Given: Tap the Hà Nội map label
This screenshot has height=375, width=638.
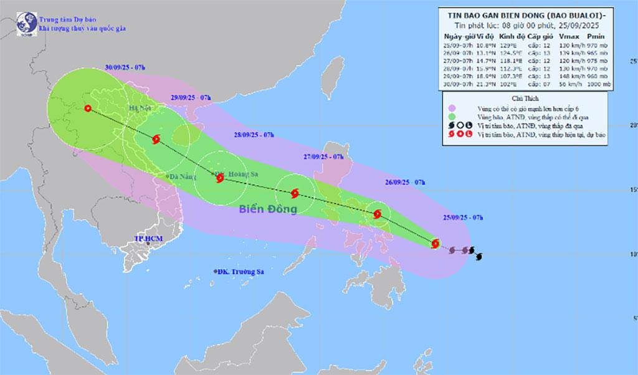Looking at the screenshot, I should point(138,109).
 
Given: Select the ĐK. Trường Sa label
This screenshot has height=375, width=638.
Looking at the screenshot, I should point(237,271).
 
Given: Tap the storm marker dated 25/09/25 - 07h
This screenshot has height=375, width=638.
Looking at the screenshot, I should point(436,243).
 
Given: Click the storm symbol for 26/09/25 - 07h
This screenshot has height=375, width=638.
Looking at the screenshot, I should point(378,215).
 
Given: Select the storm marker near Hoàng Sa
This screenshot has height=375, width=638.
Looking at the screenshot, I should point(219,177).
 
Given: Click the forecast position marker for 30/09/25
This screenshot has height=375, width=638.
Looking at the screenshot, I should point(87,109).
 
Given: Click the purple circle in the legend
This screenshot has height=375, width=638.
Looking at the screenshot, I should point(451,107).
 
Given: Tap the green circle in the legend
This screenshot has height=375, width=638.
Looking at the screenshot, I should point(451,116).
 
